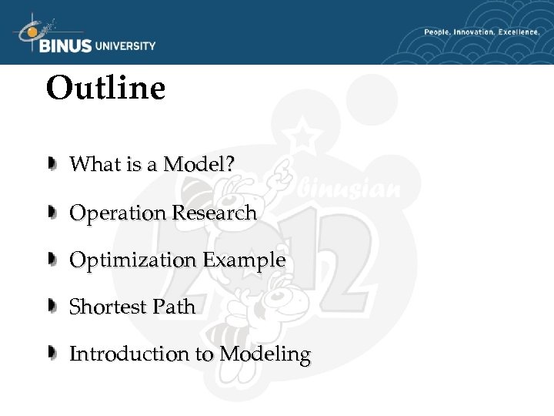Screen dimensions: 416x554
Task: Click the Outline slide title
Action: [x=105, y=88]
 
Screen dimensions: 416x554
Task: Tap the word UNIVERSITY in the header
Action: [x=125, y=45]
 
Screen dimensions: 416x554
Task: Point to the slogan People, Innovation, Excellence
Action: [x=481, y=32]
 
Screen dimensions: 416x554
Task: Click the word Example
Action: [x=244, y=260]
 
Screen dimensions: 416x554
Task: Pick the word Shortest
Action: [x=108, y=307]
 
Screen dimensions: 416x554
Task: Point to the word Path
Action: [x=174, y=307]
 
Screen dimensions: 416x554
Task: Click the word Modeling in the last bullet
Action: [x=265, y=354]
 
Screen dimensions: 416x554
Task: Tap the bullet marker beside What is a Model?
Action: [x=52, y=164]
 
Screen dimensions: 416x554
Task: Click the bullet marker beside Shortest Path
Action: [x=52, y=307]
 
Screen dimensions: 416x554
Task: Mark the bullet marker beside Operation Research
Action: [x=52, y=213]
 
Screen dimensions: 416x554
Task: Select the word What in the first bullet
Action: [x=90, y=164]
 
